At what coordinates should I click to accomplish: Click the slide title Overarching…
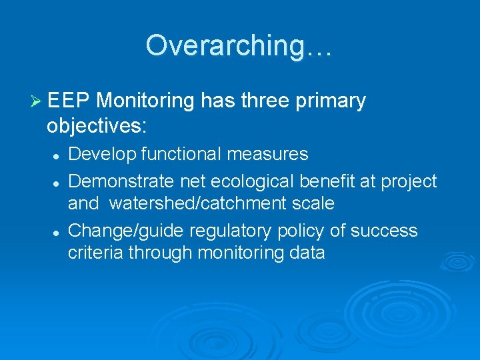click(x=239, y=45)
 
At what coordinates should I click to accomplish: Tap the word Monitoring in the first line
click(x=145, y=101)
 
